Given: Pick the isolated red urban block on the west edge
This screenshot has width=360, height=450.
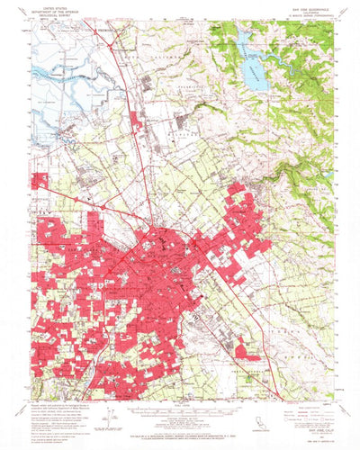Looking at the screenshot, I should pyautogui.click(x=40, y=180).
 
